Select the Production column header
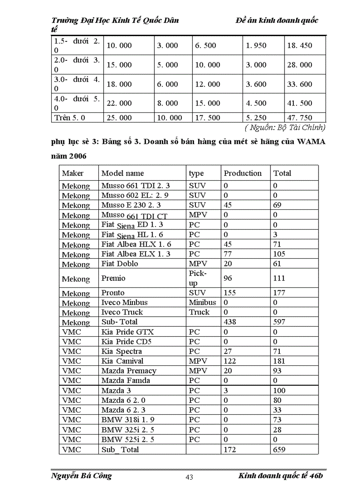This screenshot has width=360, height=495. [x=242, y=173]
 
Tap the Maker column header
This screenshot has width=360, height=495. [x=72, y=173]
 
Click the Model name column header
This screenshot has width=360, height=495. [x=122, y=173]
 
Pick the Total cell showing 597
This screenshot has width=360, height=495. [x=279, y=322]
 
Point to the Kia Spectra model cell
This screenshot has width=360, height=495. [x=121, y=351]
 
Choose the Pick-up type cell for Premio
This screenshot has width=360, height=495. [x=198, y=278]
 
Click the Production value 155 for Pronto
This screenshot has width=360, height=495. [x=230, y=293]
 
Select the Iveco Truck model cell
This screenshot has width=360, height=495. [x=122, y=312]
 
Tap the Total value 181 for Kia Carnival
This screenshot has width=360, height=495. [x=279, y=361]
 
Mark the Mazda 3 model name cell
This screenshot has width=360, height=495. [x=116, y=391]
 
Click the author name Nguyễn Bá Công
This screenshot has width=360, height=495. [x=81, y=476]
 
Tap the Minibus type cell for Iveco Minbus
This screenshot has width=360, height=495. [x=202, y=302]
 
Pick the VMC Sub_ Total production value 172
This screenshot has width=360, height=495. [x=230, y=450]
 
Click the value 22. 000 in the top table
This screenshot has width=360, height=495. [x=119, y=103]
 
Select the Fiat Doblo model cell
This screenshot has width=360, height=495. [x=120, y=264]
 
